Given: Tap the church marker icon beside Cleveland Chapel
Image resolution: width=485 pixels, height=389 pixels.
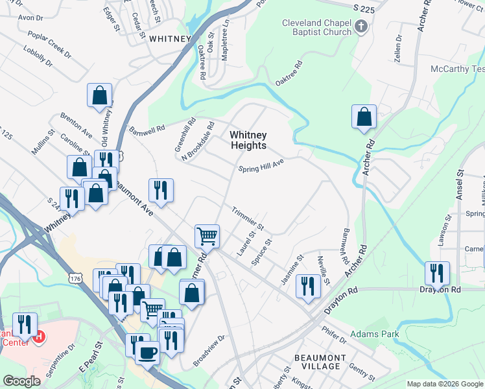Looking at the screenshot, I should click(362, 27).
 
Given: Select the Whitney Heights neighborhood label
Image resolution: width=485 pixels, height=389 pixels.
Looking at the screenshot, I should click(248, 140).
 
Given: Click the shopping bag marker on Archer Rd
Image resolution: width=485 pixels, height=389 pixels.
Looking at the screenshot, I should click(364, 117).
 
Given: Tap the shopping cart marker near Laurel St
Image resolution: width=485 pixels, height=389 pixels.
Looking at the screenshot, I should click(207, 236).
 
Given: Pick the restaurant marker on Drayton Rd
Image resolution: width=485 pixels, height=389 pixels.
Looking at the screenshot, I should click(437, 273).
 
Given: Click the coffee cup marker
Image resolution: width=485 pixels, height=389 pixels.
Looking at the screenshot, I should click(147, 353).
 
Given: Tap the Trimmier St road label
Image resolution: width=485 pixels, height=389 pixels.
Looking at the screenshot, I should click(248, 218).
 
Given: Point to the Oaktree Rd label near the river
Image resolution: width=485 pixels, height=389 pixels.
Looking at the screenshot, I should click(289, 73).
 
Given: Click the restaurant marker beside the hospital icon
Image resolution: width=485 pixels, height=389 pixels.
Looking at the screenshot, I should click(23, 325).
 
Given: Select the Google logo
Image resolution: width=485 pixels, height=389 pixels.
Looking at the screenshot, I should click(22, 381).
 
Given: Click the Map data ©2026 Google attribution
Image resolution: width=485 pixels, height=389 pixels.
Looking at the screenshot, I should click(444, 384).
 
